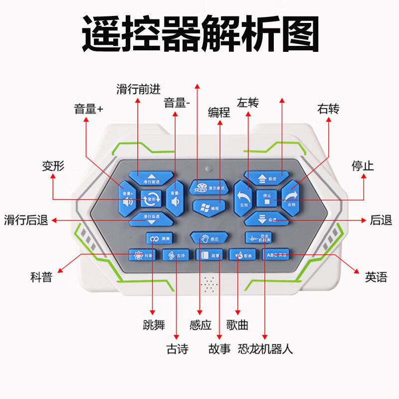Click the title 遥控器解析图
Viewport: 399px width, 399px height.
200,33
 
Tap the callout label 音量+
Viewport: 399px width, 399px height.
88,109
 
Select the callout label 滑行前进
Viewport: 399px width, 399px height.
139,89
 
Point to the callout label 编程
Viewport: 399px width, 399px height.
219,113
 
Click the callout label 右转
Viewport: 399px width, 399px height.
328,109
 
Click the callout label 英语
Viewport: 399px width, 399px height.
376,277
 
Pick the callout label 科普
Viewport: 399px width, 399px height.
41,277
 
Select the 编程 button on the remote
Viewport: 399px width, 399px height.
208,206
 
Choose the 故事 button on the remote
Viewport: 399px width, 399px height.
209,255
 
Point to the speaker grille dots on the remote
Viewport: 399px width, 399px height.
209,284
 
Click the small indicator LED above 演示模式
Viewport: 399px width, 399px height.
208,168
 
